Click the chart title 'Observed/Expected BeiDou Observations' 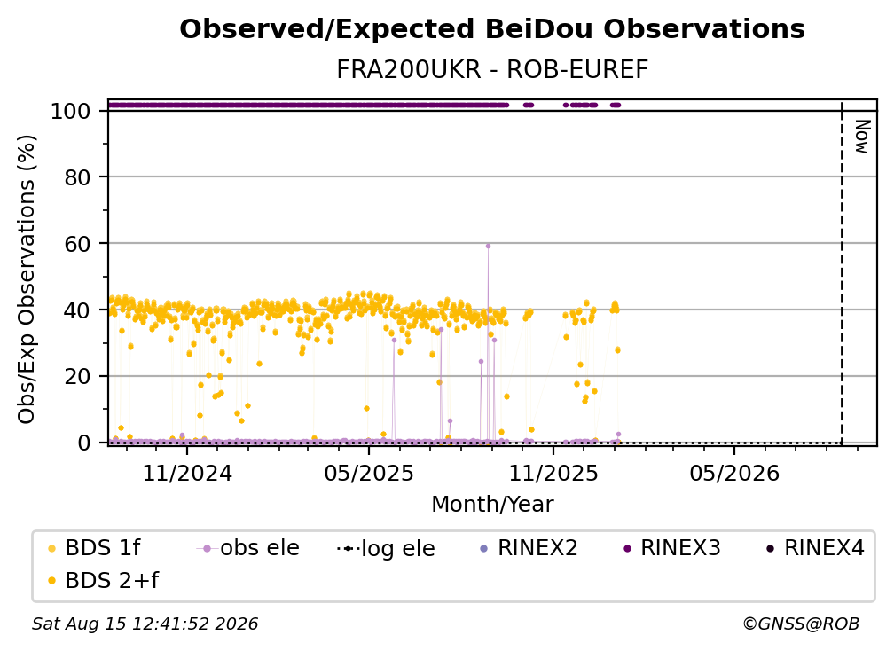tap(492, 29)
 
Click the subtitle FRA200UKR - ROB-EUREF tap(492, 70)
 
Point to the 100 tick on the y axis tap(71, 111)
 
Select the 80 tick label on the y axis tap(77, 177)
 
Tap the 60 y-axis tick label tap(77, 243)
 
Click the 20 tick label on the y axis tap(77, 376)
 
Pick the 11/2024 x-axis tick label tap(187, 473)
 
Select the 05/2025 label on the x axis tap(369, 473)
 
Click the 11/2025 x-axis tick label tap(553, 473)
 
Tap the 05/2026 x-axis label tap(734, 473)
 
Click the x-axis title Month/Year tap(492, 504)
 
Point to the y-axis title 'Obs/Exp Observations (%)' tap(27, 278)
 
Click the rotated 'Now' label tap(862, 137)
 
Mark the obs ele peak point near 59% tap(488, 247)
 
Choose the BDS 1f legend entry tap(94, 548)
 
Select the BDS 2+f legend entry tap(104, 580)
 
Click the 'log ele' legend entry tap(386, 548)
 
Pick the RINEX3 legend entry tap(672, 548)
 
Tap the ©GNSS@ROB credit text tap(801, 624)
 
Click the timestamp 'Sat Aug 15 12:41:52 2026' tap(145, 624)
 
